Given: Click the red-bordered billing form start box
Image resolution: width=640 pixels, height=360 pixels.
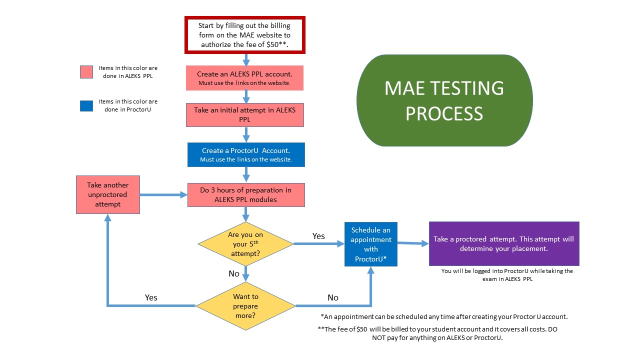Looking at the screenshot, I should [x=244, y=35].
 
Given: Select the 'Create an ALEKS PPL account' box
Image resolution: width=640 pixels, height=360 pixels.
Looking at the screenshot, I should [x=244, y=78].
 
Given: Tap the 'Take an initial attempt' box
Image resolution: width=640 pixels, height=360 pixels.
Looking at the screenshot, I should [x=244, y=114].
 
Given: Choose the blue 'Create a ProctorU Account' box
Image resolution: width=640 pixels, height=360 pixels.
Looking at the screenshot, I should [x=245, y=154].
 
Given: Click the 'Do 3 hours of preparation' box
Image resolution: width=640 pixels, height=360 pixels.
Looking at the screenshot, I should [x=245, y=195].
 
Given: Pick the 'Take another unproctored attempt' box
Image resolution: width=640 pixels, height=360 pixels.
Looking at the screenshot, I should [x=107, y=194].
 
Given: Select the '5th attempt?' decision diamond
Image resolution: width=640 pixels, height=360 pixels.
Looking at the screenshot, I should [x=245, y=244].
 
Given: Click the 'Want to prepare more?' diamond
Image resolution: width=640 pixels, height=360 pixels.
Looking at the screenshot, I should [x=245, y=305].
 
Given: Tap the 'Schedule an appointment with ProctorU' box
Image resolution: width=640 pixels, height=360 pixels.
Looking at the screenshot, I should [x=370, y=244].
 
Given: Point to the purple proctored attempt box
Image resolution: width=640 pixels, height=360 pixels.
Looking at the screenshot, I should [x=503, y=243].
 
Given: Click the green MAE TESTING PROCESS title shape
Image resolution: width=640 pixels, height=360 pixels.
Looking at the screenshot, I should [x=444, y=100].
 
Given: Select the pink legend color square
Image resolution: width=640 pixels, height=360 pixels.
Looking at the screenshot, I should [x=86, y=72].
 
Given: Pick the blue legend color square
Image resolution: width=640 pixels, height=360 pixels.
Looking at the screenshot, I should [x=86, y=105].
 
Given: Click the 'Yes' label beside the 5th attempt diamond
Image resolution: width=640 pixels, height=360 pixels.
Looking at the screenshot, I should [x=318, y=236].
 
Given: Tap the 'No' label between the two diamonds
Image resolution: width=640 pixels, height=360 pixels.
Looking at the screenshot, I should [x=234, y=273].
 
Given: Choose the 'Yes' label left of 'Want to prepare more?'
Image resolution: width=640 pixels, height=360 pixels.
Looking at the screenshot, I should [x=151, y=297].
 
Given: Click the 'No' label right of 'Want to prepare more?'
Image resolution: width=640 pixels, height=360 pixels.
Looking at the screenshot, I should [x=333, y=297].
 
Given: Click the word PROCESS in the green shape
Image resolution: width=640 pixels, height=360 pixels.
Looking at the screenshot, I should [x=444, y=113].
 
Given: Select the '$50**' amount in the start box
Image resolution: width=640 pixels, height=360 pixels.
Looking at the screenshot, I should [x=277, y=44].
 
